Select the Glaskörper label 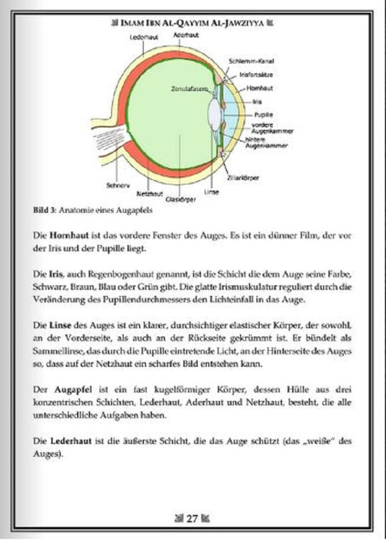(181, 199)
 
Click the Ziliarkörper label (243, 179)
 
